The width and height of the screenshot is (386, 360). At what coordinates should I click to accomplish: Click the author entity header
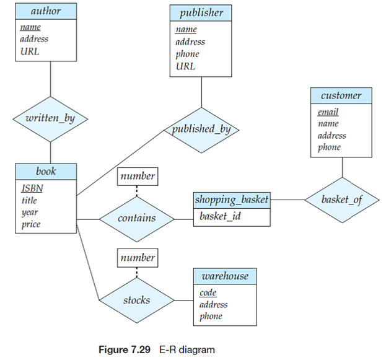pos(46,11)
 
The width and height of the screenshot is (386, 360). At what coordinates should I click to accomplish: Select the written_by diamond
pos(50,118)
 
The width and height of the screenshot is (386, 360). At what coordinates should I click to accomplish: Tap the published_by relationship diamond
pos(201,129)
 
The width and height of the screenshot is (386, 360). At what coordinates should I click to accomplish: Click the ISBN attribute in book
pos(32,188)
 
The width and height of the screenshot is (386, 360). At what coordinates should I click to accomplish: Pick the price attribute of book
pos(31,224)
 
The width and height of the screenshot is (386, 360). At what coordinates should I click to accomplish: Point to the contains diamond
pos(137,218)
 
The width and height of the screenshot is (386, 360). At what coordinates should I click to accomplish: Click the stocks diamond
pos(136,300)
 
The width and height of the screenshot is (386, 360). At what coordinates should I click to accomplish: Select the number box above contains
pos(138,176)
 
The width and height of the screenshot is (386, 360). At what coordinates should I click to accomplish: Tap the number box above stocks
pos(138,257)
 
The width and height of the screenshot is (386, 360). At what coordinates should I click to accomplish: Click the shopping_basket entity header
pos(232,200)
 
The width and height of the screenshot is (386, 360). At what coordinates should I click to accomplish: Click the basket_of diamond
pos(341,200)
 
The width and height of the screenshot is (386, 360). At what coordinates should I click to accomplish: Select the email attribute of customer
pos(328,112)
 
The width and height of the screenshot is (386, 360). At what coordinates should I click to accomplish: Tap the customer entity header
pos(341,96)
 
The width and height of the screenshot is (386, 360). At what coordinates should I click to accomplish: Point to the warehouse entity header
pos(225,276)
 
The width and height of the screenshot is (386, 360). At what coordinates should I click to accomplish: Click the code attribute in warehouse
pos(208,292)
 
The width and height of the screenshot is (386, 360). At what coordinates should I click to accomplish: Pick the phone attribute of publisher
pos(187,54)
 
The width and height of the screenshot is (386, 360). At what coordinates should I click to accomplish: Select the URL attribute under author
pos(29,51)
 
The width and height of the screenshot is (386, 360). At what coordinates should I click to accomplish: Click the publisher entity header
pos(201,12)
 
